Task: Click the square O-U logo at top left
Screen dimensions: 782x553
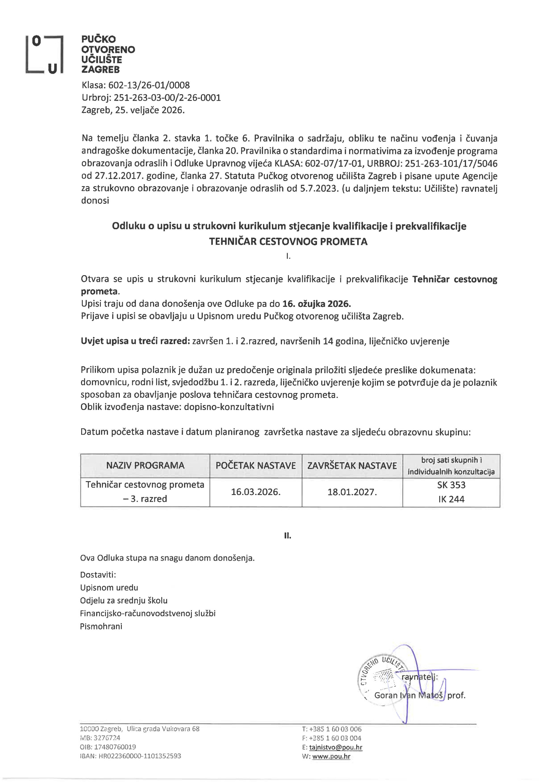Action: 45,54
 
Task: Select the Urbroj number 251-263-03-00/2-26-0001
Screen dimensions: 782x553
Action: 167,98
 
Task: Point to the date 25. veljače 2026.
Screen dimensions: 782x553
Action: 150,110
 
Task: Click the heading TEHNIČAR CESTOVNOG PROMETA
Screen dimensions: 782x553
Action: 288,241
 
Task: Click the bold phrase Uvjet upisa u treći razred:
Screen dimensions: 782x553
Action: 135,341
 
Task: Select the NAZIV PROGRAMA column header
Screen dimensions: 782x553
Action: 145,465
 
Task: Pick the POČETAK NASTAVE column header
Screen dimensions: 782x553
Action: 255,465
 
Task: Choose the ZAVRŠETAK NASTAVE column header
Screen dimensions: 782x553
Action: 352,465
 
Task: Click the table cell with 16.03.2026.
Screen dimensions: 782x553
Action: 255,492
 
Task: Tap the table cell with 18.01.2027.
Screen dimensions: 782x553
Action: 352,492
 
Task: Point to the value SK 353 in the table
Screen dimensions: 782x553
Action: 451,485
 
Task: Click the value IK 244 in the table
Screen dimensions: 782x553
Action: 451,499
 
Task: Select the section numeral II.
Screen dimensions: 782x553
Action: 288,536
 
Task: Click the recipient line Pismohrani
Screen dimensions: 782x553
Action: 101,626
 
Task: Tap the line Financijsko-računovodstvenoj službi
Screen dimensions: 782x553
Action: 148,613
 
